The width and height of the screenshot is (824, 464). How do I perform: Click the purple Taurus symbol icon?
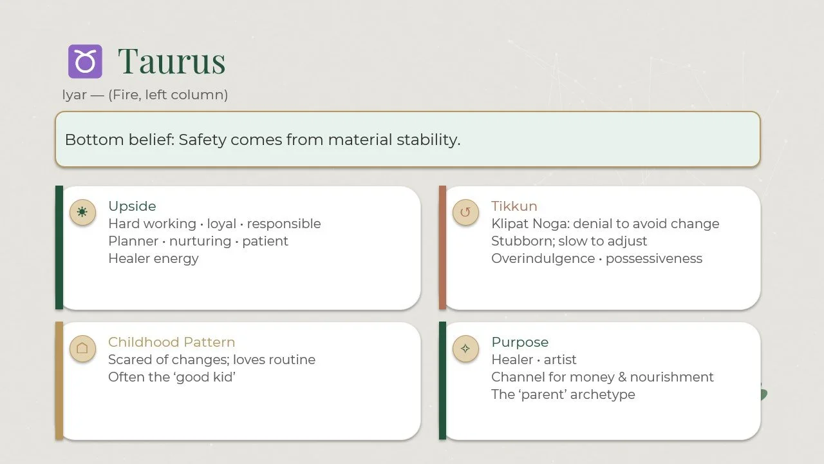click(85, 61)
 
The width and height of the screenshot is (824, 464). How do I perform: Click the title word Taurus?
click(171, 61)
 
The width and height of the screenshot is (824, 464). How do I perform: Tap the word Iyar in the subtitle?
click(74, 95)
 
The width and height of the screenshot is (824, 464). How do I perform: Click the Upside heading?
click(132, 206)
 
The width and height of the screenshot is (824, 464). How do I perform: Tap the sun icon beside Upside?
click(82, 212)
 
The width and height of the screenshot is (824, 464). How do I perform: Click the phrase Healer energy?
click(153, 258)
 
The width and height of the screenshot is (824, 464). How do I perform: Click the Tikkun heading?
click(514, 206)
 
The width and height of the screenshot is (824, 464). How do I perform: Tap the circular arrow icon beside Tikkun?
click(465, 212)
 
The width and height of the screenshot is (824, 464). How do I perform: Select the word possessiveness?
click(654, 258)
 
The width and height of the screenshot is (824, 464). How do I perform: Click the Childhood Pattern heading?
click(171, 342)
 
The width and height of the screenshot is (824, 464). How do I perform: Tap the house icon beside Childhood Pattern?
click(82, 348)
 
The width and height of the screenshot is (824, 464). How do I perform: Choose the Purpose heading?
click(520, 342)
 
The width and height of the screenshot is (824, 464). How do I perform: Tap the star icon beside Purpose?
click(465, 348)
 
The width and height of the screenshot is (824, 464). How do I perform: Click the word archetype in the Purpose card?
click(601, 394)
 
